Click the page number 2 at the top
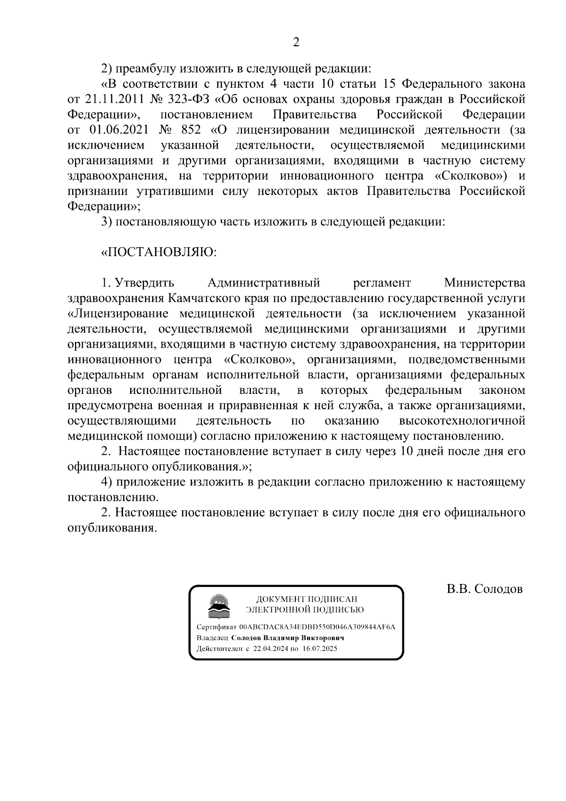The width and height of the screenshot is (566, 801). click(296, 42)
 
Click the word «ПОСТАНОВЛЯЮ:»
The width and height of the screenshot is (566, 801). click(158, 252)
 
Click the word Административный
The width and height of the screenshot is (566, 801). click(264, 283)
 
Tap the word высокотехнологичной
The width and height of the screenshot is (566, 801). click(462, 420)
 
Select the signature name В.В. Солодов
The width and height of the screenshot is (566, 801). click(485, 589)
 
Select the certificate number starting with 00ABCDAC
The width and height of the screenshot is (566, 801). click(317, 627)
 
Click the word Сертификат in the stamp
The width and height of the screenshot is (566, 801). click(216, 627)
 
